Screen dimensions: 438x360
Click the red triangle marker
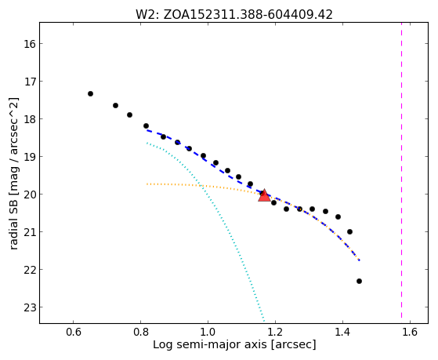pyautogui.click(x=264, y=195)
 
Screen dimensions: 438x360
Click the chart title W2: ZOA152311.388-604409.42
pyautogui.click(x=234, y=15)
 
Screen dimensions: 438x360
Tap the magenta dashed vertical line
pyautogui.click(x=401, y=170)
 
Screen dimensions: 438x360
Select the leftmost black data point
pyautogui.click(x=90, y=93)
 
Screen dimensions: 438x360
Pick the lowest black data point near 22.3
pyautogui.click(x=359, y=281)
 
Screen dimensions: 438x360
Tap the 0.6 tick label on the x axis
pyautogui.click(x=73, y=332)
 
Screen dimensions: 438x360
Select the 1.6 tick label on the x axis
pyautogui.click(x=410, y=332)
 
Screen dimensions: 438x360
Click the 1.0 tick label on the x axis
pyautogui.click(x=208, y=332)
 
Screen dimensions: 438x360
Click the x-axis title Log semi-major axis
pyautogui.click(x=210, y=344)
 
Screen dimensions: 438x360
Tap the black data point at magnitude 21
pyautogui.click(x=349, y=231)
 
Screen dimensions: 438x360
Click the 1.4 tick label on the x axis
pyautogui.click(x=342, y=332)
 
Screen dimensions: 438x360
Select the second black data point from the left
pyautogui.click(x=115, y=105)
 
